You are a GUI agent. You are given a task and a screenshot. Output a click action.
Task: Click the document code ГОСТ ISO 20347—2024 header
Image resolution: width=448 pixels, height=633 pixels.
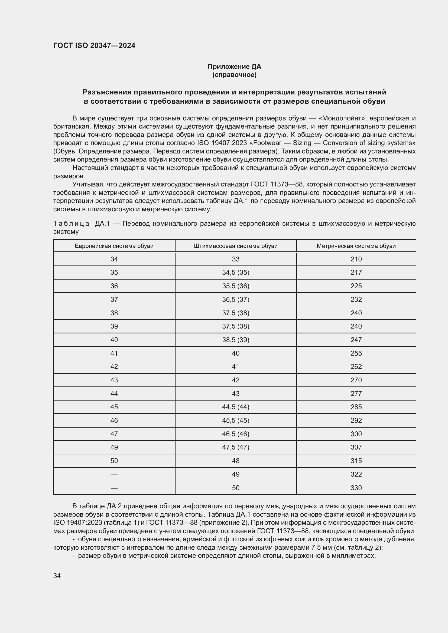click(94, 45)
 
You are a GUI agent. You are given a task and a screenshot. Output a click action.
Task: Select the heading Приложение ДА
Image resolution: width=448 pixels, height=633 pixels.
click(234, 67)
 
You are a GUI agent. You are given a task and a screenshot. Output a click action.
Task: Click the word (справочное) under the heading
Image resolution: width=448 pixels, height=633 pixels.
click(234, 75)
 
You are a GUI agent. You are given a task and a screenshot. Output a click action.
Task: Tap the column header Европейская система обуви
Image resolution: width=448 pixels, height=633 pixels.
click(114, 246)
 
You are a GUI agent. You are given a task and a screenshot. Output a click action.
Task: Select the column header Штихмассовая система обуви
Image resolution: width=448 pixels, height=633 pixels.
click(236, 246)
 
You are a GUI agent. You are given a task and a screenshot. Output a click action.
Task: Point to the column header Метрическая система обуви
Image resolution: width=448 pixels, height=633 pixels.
click(356, 246)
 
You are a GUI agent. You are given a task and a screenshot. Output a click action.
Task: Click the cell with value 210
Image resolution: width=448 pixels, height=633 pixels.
click(356, 259)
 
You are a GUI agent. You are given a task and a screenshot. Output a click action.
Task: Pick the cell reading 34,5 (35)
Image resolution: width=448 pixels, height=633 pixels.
click(236, 273)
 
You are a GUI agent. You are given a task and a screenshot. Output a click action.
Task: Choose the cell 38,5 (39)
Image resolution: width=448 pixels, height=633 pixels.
click(236, 340)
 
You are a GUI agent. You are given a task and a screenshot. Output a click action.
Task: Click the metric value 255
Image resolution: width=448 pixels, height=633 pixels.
click(356, 353)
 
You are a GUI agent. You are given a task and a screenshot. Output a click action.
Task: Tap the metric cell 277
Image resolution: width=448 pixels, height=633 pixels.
click(356, 393)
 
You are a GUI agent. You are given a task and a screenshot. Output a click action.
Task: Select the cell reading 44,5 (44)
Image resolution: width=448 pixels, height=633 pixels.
click(236, 407)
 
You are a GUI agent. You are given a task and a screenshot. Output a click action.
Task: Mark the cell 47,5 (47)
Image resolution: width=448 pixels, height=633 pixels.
click(236, 447)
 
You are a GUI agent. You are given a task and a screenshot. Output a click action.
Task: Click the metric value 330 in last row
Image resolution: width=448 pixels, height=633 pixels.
click(356, 488)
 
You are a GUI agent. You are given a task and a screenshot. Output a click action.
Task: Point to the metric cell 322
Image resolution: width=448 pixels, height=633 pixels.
click(356, 474)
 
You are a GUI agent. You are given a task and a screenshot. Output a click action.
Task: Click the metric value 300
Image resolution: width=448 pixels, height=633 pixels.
click(356, 434)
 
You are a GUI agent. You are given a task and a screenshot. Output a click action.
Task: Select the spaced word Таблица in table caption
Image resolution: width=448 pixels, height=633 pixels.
click(71, 223)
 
